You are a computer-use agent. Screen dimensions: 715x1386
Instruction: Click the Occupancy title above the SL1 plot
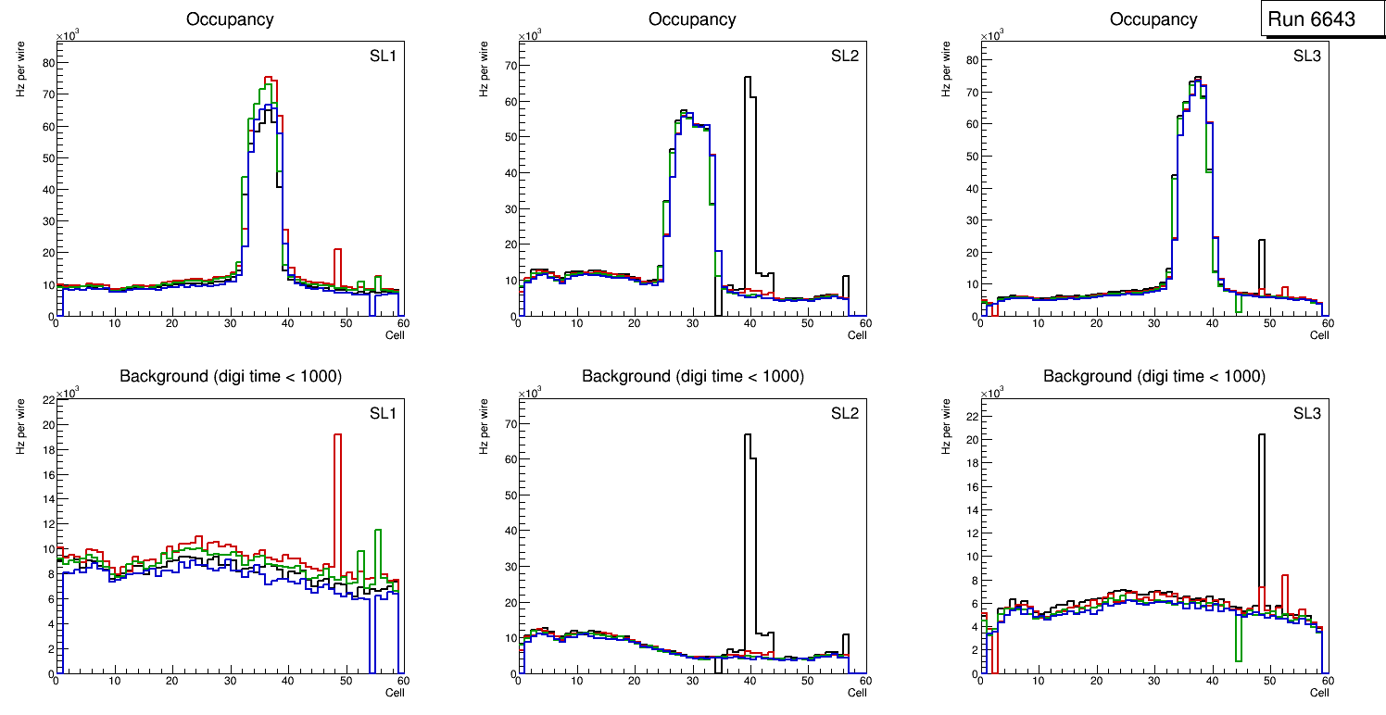pos(230,19)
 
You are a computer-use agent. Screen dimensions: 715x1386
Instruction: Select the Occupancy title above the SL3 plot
pos(1153,19)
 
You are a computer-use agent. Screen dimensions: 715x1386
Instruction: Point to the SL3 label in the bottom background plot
pos(1305,412)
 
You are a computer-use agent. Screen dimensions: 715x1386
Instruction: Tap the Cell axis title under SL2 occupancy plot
pos(857,334)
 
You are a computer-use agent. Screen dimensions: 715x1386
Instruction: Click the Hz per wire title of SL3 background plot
pos(945,426)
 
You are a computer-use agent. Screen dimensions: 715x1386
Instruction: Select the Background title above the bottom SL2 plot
pos(692,376)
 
